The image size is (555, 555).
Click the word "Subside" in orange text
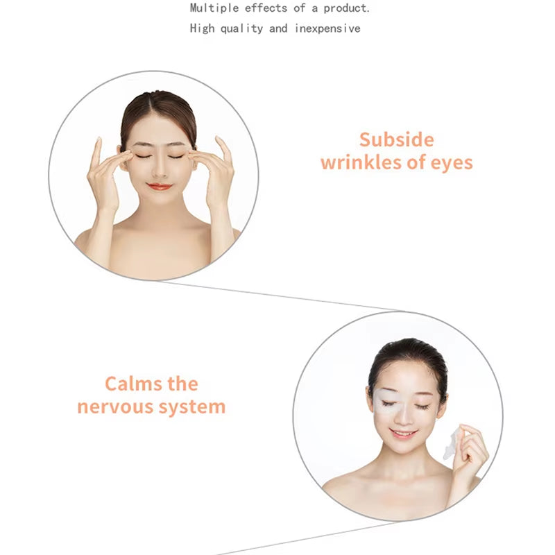click(x=396, y=139)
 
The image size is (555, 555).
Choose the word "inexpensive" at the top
click(x=327, y=28)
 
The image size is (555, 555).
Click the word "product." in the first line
click(x=347, y=9)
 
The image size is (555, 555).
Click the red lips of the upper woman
click(x=159, y=187)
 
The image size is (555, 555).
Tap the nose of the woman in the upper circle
click(x=159, y=169)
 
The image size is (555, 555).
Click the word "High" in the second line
click(x=201, y=29)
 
